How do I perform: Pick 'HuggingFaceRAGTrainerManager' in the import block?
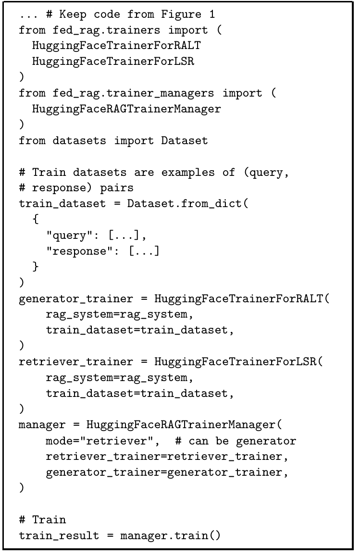pos(126,109)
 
